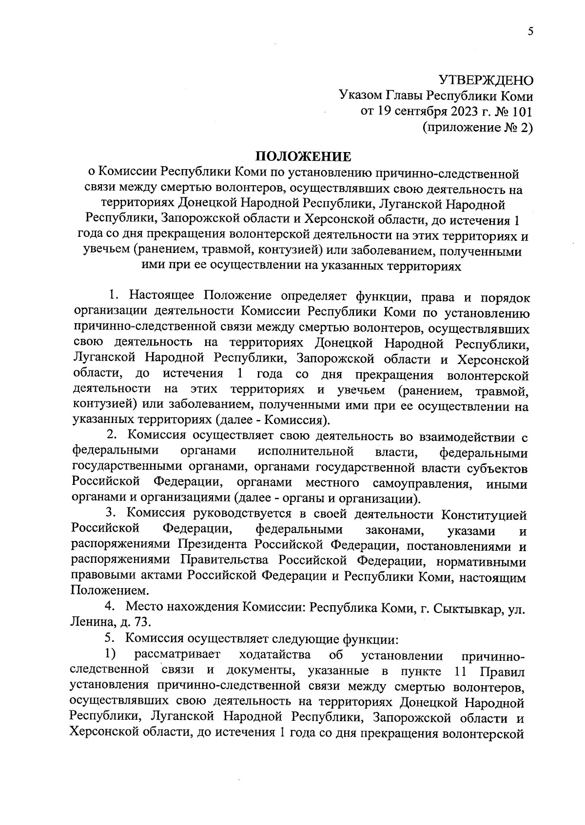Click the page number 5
point(530,32)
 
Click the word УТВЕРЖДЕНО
point(486,80)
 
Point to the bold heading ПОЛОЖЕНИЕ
point(303,156)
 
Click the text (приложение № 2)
point(478,128)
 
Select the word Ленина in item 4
point(89,622)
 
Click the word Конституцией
point(484,515)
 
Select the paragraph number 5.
point(111,639)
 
